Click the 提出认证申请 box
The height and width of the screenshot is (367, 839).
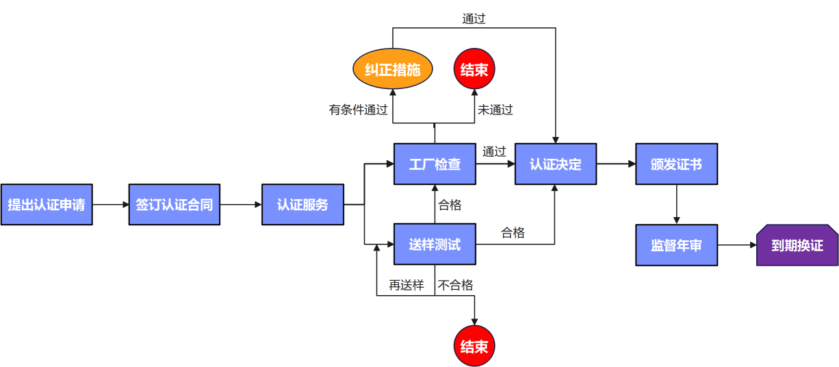click(47, 205)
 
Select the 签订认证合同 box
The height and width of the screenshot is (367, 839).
click(175, 205)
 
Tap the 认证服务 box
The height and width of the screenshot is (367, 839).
click(302, 205)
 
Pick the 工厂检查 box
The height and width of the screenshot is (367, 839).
click(435, 164)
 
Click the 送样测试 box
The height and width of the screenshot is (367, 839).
click(435, 244)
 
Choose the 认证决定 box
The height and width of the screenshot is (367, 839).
click(556, 164)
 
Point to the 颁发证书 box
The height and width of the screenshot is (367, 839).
click(676, 164)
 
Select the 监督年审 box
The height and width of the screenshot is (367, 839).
click(676, 244)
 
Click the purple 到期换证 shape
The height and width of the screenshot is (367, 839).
click(797, 245)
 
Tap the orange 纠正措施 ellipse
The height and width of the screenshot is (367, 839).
click(393, 70)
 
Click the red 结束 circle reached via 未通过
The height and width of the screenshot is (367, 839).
click(474, 70)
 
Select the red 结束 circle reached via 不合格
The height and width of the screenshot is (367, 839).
click(474, 346)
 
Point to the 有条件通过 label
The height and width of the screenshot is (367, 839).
click(358, 110)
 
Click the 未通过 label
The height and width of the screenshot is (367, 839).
click(495, 110)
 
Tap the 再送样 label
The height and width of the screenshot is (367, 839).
click(406, 285)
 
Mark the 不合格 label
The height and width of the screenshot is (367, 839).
click(456, 285)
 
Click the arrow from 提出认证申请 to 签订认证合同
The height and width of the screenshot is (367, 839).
click(110, 205)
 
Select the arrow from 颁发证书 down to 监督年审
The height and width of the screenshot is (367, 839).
click(676, 204)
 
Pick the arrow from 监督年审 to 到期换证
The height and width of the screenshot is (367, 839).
click(737, 244)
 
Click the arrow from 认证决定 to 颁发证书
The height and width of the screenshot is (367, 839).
click(616, 164)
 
